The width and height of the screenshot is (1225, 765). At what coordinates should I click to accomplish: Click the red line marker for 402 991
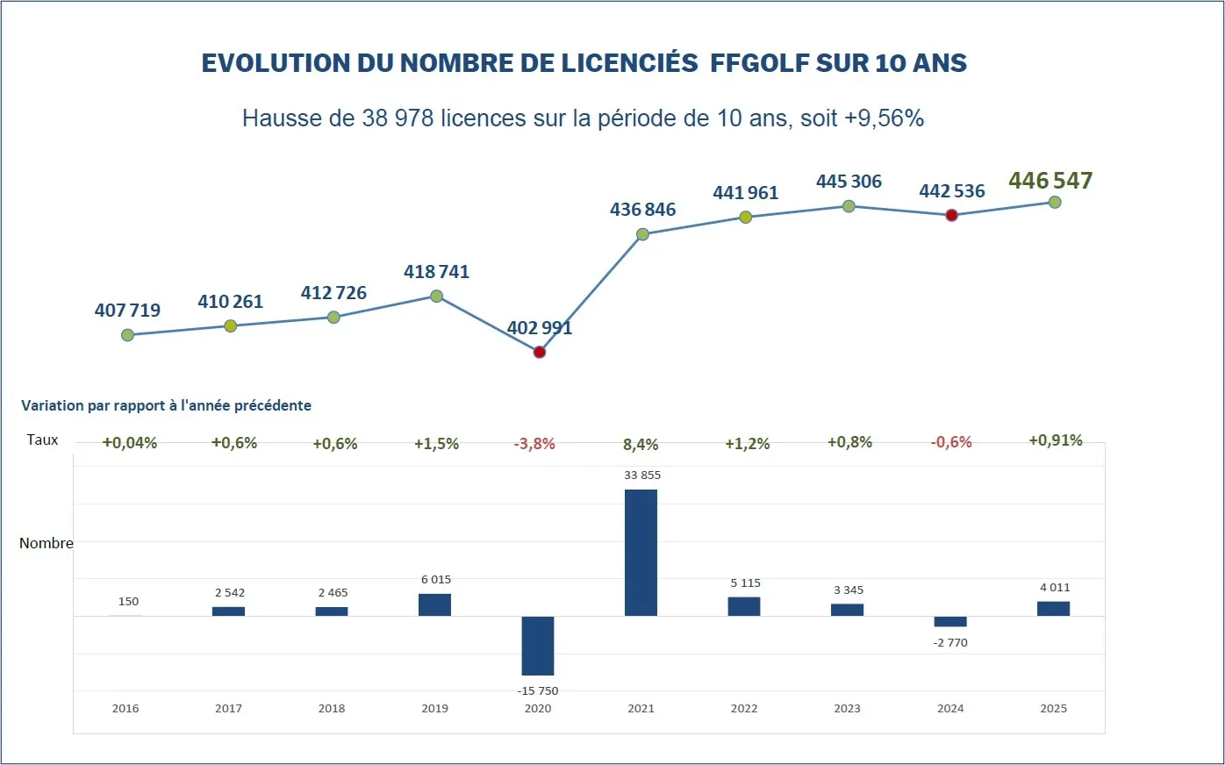point(540,352)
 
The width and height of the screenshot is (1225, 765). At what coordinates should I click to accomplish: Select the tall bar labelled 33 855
point(641,553)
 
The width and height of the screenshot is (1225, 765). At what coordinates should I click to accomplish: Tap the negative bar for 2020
point(538,646)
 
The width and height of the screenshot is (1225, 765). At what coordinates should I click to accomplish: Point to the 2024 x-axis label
point(950,708)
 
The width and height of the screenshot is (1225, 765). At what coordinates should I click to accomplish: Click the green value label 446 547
point(1050,181)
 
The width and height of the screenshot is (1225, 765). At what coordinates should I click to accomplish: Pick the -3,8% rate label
point(534,444)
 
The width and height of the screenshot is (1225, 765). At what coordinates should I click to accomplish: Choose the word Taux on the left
point(42,440)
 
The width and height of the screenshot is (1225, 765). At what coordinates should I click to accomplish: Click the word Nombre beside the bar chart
point(47,543)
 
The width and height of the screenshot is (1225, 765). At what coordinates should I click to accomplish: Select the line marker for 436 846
point(642,234)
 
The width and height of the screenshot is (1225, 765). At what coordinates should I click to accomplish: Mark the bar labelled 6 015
point(434,604)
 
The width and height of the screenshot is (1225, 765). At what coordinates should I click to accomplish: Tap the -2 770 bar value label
point(950,642)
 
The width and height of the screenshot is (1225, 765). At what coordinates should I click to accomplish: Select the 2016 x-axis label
point(125,708)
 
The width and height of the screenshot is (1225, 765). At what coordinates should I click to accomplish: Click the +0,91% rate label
point(1056,440)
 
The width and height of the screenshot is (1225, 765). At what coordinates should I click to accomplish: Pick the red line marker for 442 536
point(952,215)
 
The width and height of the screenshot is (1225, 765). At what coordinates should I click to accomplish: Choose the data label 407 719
point(127,310)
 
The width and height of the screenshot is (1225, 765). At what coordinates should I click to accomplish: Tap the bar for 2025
point(1053,608)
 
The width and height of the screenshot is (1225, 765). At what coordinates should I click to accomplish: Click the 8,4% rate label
point(641,445)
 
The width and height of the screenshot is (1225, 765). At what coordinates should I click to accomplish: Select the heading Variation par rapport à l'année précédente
point(166,405)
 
